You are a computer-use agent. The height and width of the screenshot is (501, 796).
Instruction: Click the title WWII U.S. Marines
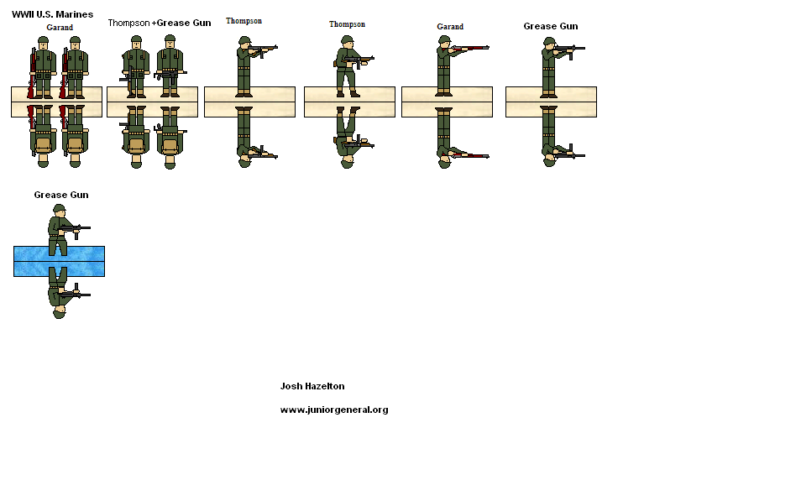click(52, 14)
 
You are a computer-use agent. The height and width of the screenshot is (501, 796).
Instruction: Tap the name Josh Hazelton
click(312, 386)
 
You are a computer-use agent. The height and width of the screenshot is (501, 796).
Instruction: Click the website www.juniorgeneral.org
click(333, 410)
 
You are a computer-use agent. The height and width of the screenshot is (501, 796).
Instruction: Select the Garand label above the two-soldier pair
click(60, 28)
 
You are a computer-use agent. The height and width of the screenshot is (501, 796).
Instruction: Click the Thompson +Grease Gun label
click(159, 23)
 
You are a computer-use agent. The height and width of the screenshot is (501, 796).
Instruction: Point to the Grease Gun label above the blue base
click(60, 195)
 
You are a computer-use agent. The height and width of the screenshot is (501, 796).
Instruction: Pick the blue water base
click(59, 261)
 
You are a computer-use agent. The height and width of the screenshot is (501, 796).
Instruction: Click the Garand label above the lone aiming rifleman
click(450, 27)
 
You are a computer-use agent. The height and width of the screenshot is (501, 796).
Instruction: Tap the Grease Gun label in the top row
click(550, 26)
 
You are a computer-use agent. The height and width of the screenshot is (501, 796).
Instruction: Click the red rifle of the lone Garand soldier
click(470, 50)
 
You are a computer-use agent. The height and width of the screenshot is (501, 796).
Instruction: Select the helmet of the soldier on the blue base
click(59, 209)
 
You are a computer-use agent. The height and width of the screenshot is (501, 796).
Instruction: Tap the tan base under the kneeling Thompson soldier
click(349, 102)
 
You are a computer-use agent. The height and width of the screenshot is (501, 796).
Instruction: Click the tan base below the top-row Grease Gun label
click(551, 102)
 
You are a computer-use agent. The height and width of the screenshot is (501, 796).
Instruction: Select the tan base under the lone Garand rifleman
click(447, 102)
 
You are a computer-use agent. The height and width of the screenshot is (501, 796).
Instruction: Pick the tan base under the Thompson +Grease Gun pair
click(152, 102)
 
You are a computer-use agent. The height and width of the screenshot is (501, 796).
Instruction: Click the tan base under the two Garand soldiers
click(56, 102)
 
